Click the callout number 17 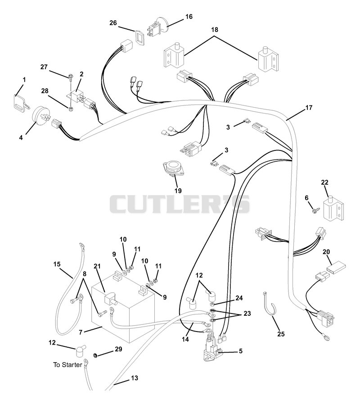[309, 108]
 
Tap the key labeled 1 [21, 103]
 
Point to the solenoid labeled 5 [212, 348]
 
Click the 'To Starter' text [68, 365]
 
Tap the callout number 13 [135, 378]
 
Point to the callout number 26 [113, 23]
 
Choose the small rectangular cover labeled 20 [336, 268]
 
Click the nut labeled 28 [70, 109]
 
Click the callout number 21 [97, 266]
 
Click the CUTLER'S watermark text [180, 204]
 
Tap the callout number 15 [57, 264]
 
